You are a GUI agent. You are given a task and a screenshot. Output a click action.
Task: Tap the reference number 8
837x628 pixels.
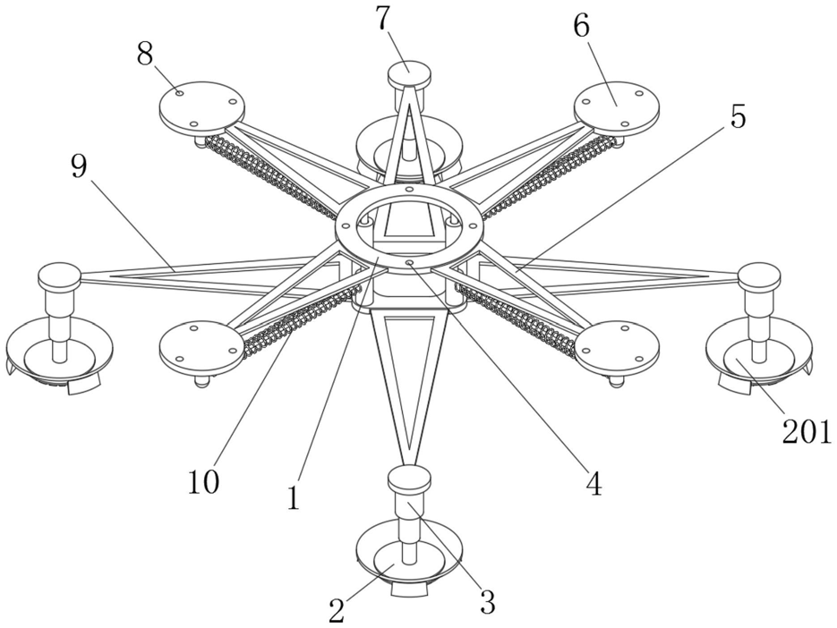tap(145, 55)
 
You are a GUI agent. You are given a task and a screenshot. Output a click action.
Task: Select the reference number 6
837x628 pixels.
tap(581, 27)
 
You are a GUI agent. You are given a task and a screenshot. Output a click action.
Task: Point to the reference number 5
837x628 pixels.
tap(737, 117)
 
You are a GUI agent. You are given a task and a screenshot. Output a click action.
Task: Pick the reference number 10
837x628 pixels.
tap(203, 482)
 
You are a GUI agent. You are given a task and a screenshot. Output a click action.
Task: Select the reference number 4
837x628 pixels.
tap(593, 484)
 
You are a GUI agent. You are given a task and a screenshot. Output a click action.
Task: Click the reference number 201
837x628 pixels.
tap(806, 434)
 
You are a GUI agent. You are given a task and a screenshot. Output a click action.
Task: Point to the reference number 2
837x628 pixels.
tap(337, 610)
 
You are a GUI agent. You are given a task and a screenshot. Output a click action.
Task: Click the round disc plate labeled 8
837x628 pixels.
tap(201, 108)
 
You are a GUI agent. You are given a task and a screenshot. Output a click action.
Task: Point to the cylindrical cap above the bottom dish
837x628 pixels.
tap(409, 479)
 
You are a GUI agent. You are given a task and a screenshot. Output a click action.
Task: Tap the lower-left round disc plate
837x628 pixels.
tap(201, 345)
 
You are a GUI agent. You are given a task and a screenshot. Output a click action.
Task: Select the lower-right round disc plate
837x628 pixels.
tap(616, 346)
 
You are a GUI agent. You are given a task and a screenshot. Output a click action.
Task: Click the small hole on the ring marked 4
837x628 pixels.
tap(409, 263)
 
